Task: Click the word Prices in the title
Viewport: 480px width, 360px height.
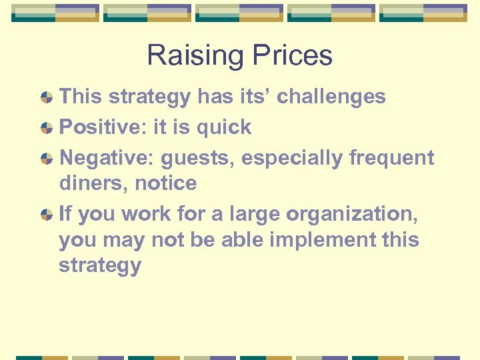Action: click(x=288, y=55)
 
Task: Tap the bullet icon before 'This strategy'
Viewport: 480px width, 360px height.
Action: click(x=47, y=97)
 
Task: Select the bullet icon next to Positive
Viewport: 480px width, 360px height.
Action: click(x=47, y=128)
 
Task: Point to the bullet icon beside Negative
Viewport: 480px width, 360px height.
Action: click(x=47, y=159)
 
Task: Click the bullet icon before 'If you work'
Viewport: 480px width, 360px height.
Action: click(x=47, y=215)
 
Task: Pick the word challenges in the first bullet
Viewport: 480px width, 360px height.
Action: click(x=331, y=97)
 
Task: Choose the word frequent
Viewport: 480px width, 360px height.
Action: click(x=392, y=158)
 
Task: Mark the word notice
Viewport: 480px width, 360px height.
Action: click(x=167, y=183)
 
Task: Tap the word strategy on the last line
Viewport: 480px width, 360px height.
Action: click(x=100, y=265)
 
